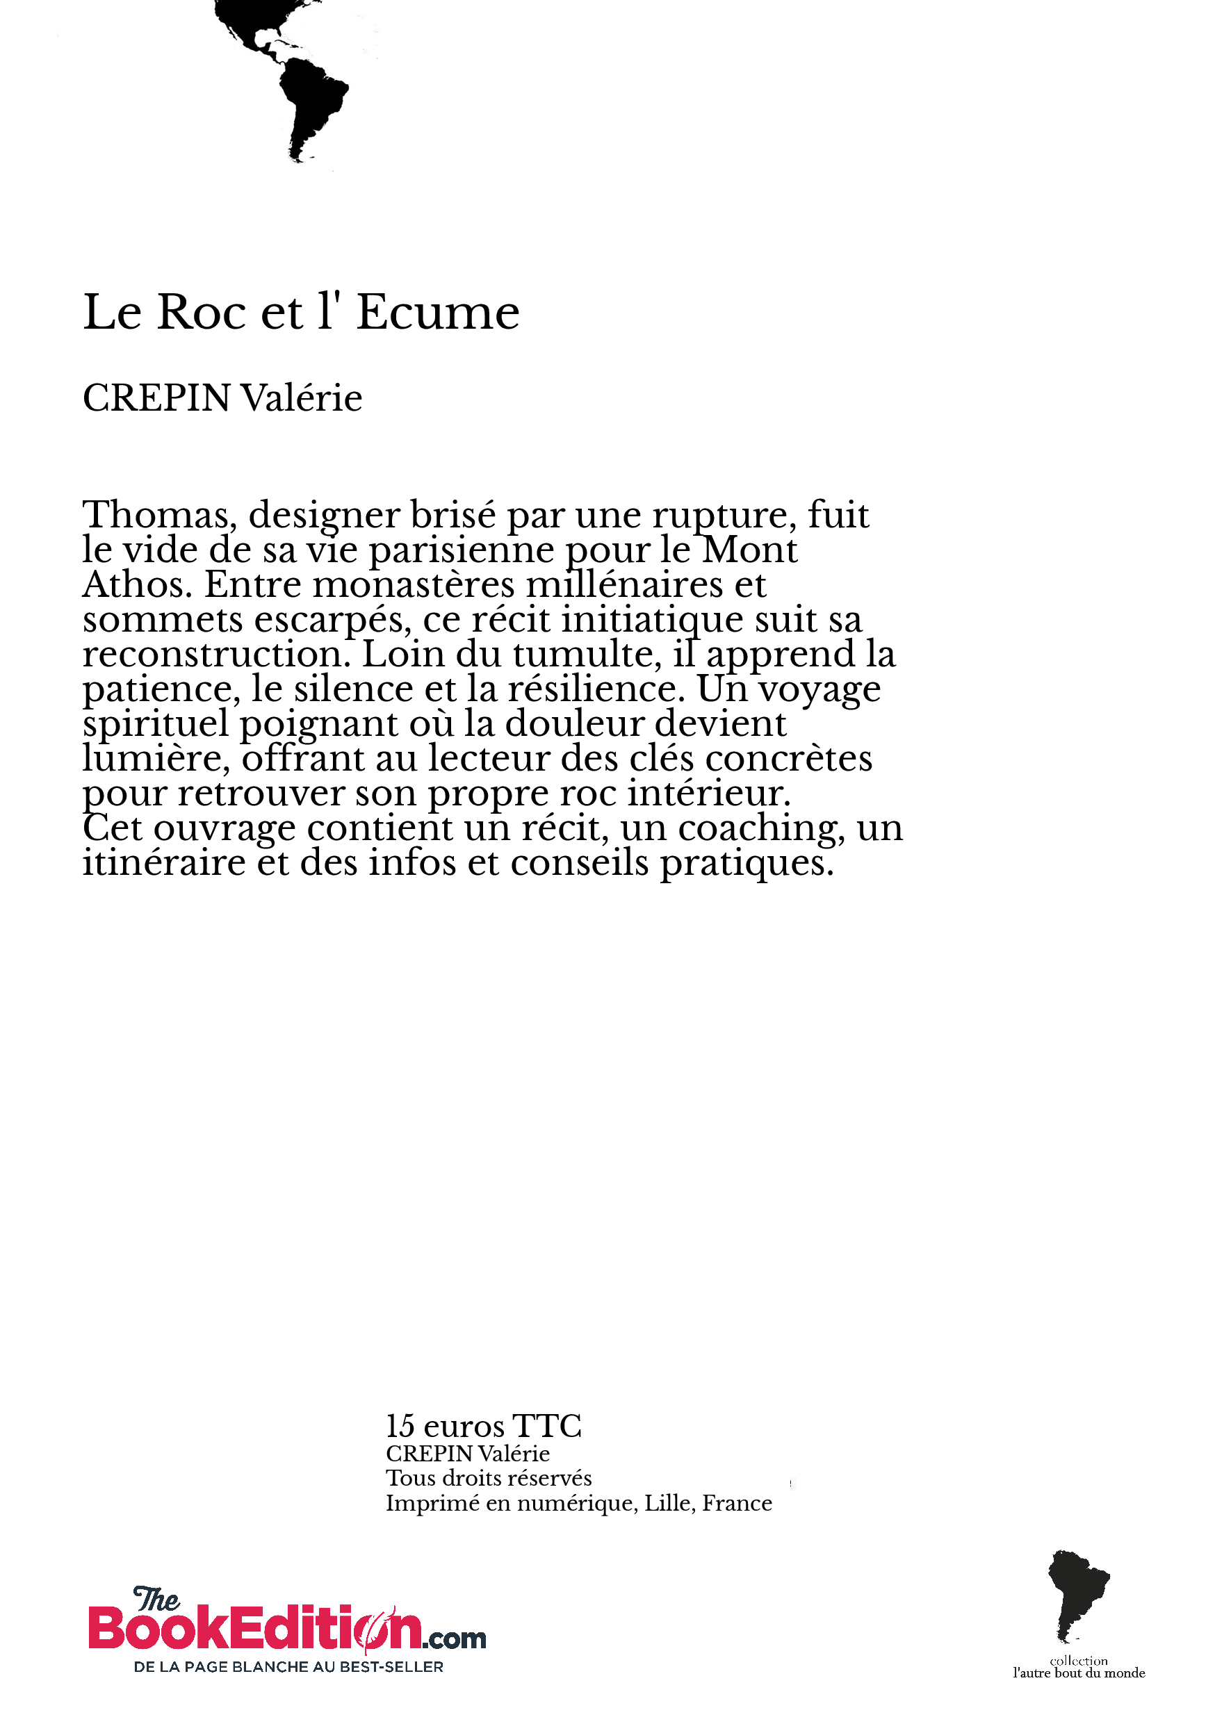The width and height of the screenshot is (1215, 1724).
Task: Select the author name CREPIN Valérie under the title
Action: [x=222, y=398]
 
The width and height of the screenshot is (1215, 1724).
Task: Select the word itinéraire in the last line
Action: [x=164, y=863]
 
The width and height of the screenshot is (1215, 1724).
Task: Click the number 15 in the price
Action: [x=400, y=1426]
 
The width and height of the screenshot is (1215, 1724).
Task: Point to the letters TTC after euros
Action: [x=546, y=1426]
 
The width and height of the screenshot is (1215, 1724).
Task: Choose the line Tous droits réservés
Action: [x=488, y=1478]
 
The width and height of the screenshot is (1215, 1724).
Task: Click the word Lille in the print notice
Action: [x=669, y=1503]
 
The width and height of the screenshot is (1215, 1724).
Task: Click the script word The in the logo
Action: [x=156, y=1600]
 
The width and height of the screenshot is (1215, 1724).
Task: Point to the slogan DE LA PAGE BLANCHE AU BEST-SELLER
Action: [x=288, y=1667]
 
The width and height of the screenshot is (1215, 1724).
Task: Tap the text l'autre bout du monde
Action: [x=1078, y=1673]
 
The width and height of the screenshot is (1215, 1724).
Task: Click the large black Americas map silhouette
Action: [x=297, y=75]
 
